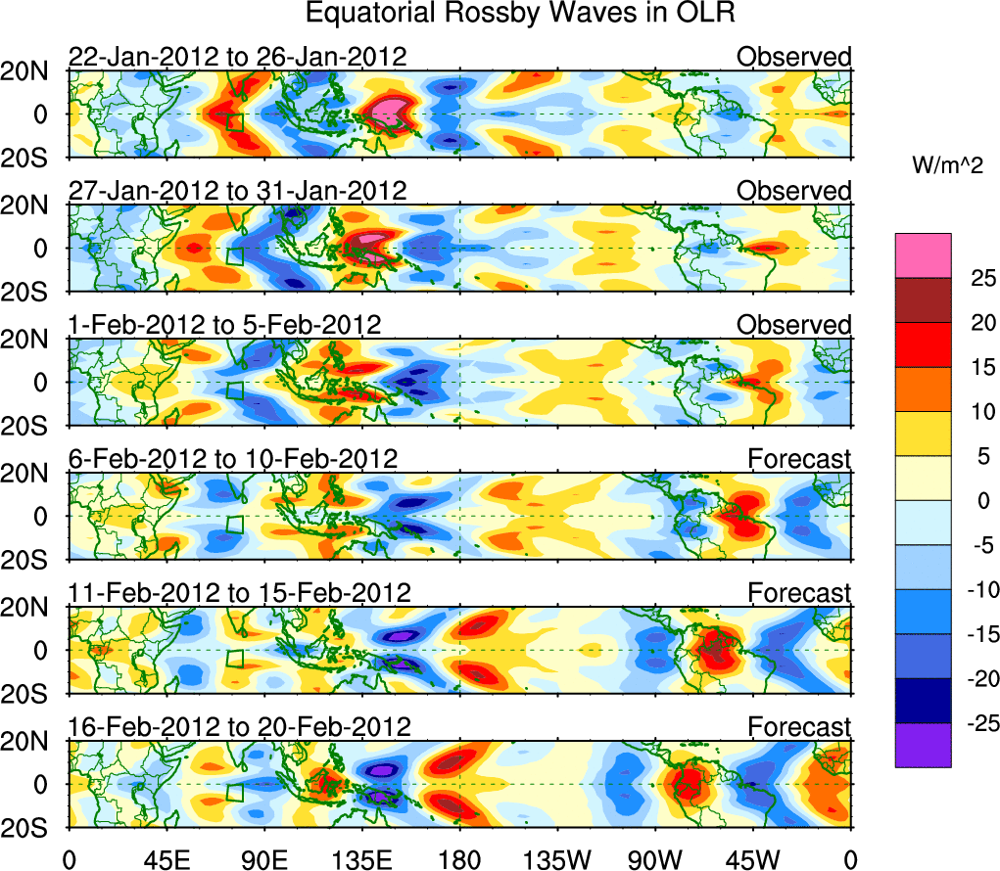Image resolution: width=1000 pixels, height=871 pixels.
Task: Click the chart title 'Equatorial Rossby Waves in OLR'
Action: [520, 14]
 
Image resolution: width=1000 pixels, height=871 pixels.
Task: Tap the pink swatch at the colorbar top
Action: [923, 255]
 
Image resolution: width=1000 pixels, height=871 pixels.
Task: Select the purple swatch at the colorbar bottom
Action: [923, 745]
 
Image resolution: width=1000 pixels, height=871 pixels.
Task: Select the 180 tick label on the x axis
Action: [458, 859]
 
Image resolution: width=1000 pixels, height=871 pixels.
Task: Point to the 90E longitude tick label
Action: [263, 859]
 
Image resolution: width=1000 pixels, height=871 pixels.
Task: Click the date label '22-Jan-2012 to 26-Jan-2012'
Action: [237, 57]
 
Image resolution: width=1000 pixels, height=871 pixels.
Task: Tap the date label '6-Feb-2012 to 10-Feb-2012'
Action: [233, 458]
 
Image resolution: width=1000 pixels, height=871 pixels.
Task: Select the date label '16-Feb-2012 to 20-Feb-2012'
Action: [239, 726]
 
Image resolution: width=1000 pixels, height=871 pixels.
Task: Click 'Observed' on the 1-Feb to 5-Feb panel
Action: [794, 324]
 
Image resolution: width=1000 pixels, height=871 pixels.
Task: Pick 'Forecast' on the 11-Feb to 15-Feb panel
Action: [800, 592]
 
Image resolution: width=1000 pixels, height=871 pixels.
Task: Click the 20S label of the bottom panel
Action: [33, 826]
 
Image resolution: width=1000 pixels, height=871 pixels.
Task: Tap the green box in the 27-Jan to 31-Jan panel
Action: [234, 256]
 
